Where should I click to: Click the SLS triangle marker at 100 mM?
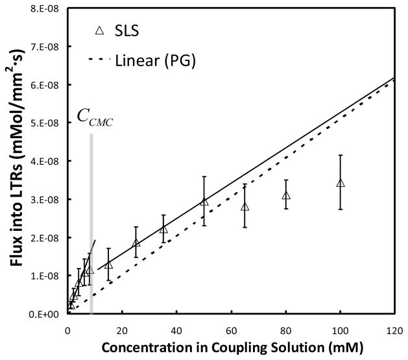click(x=340, y=183)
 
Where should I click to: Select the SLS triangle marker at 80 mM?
click(x=285, y=195)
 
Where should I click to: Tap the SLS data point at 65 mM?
click(x=245, y=206)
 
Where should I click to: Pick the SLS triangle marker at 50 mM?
click(x=204, y=201)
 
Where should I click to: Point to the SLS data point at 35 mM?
click(x=163, y=229)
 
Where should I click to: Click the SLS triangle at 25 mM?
click(x=136, y=243)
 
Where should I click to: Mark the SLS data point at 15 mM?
click(x=108, y=265)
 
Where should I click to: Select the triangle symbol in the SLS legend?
click(x=99, y=30)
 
